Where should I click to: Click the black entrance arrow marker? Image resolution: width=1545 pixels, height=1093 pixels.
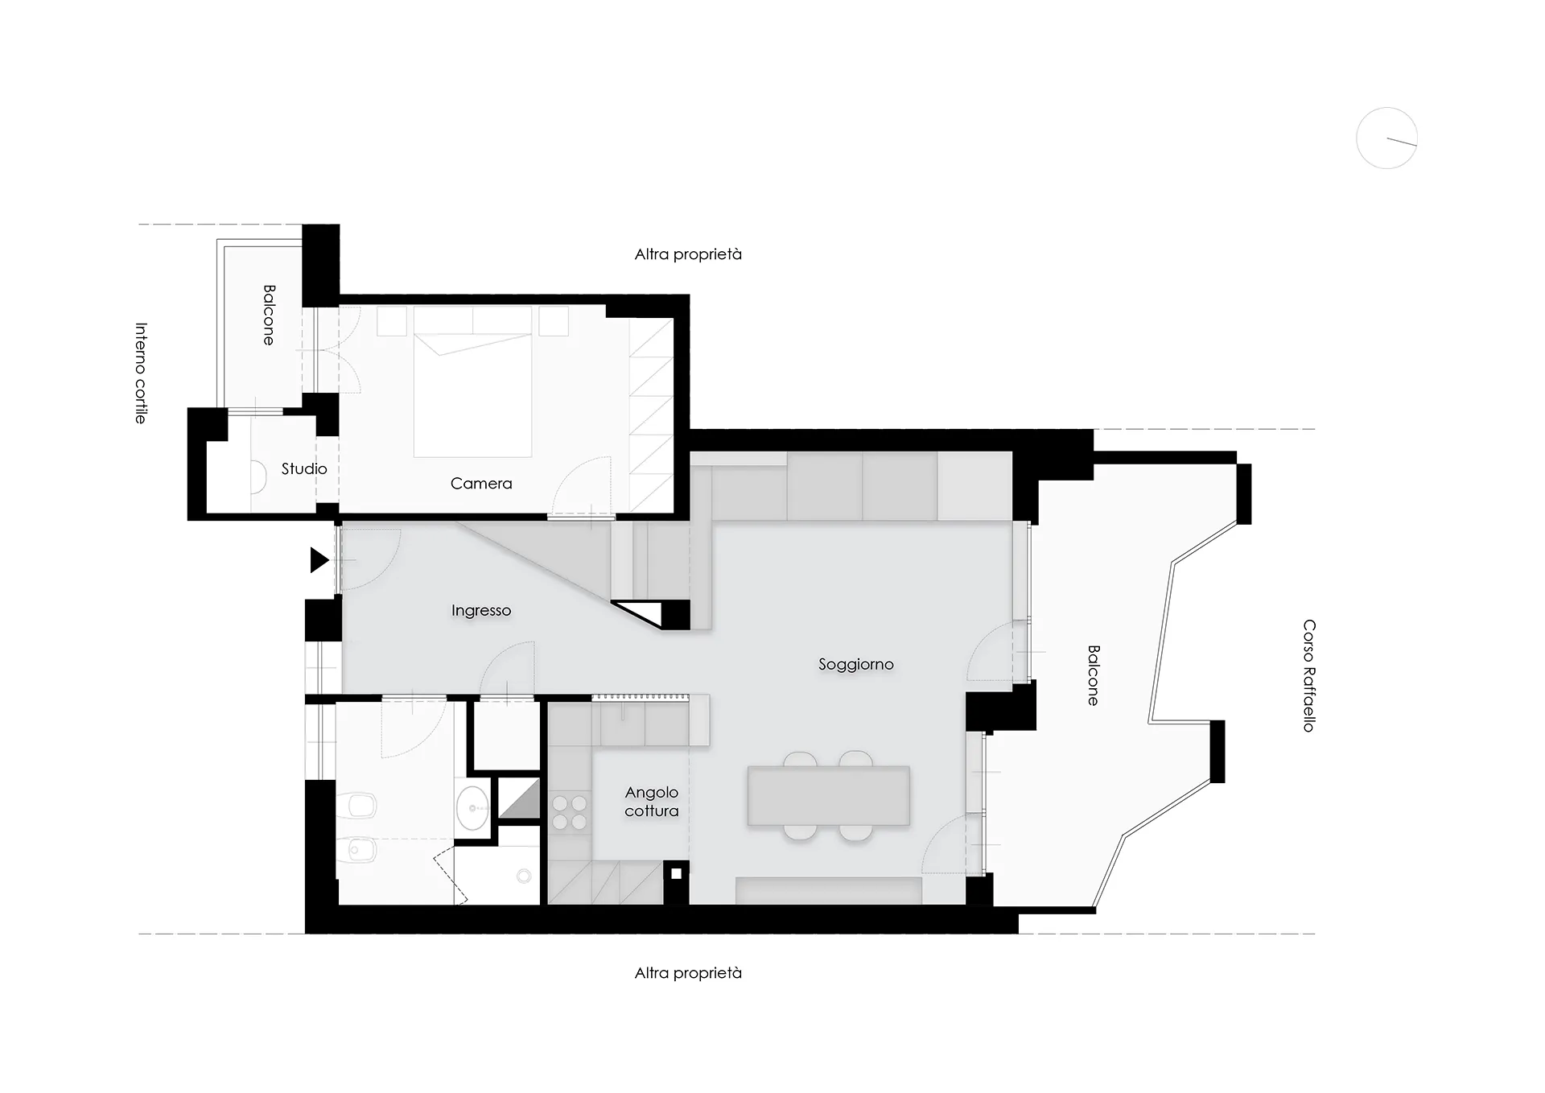[319, 559]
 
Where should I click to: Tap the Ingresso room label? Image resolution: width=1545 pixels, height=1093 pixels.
[481, 611]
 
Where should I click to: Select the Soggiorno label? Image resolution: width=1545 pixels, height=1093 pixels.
[856, 665]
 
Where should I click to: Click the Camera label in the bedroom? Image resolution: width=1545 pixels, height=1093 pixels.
[481, 484]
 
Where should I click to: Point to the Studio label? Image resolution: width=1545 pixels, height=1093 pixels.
[304, 468]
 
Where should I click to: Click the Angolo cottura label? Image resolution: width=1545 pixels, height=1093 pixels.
[652, 802]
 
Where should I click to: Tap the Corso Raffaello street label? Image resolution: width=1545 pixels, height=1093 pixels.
[1309, 675]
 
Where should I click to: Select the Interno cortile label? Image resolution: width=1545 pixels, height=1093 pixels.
[141, 373]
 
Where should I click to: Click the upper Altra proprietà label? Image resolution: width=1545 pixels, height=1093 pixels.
[688, 254]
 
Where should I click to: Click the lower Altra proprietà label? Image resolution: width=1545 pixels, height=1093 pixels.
[688, 973]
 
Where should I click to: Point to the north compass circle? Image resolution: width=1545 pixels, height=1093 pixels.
[1386, 138]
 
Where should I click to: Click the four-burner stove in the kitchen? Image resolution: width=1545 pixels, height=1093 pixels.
[570, 812]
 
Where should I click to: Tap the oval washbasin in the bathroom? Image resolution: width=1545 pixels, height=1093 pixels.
[472, 806]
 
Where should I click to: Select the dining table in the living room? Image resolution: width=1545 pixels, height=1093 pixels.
[829, 796]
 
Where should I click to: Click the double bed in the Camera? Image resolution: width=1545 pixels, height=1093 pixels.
[473, 394]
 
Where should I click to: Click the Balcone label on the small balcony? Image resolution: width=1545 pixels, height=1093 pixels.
[269, 315]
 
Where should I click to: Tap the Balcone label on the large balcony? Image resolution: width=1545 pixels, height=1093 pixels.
[1093, 675]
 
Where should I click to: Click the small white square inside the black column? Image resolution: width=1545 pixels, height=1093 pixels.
[677, 873]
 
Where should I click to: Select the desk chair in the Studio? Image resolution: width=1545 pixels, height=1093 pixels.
[258, 476]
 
